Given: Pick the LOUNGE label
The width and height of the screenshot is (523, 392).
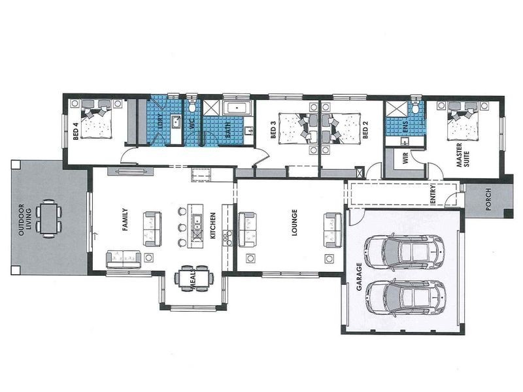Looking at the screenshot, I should click(295, 222).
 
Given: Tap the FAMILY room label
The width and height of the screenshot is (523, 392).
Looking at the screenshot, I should click(124, 221).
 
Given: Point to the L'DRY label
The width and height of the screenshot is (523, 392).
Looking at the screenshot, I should click(161, 123).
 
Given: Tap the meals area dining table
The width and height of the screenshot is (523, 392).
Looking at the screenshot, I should click(194, 278).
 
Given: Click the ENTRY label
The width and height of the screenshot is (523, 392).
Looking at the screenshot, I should click(433, 196).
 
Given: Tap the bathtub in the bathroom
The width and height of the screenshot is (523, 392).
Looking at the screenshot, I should click(233, 108).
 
